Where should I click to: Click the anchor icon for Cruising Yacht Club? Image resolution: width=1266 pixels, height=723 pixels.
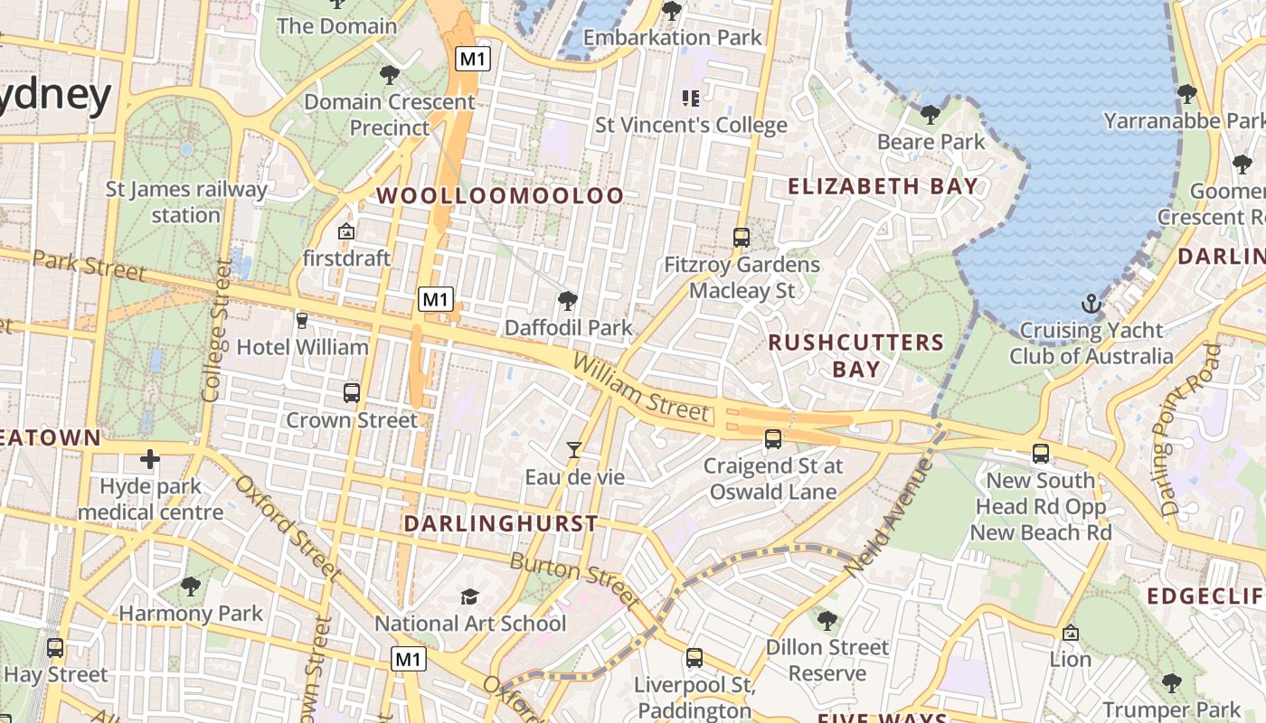1091,303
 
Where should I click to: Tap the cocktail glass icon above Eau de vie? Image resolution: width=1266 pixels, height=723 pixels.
573,449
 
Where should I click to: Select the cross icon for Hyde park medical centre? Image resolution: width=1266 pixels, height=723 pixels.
150,459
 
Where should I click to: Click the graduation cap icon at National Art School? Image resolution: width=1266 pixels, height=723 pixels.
469,596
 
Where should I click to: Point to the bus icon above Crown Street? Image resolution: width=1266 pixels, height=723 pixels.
352,393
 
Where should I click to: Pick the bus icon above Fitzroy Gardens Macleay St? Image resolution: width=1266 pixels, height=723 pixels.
742,238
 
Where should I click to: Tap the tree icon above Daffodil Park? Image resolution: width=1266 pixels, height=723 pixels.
568,300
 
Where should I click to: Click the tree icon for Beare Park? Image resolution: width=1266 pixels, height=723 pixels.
930,115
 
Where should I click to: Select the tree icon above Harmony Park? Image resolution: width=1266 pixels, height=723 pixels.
190,587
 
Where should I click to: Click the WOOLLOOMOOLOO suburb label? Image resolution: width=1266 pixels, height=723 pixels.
500,195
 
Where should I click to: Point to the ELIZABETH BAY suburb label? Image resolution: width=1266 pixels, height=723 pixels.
883,187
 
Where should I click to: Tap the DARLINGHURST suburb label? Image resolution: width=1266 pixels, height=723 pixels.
501,523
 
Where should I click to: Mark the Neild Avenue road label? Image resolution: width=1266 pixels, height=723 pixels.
889,517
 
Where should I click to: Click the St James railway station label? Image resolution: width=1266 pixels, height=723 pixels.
186,202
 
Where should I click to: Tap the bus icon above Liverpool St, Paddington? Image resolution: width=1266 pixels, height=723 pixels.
694,658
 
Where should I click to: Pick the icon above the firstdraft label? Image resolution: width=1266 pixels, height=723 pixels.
345,232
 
